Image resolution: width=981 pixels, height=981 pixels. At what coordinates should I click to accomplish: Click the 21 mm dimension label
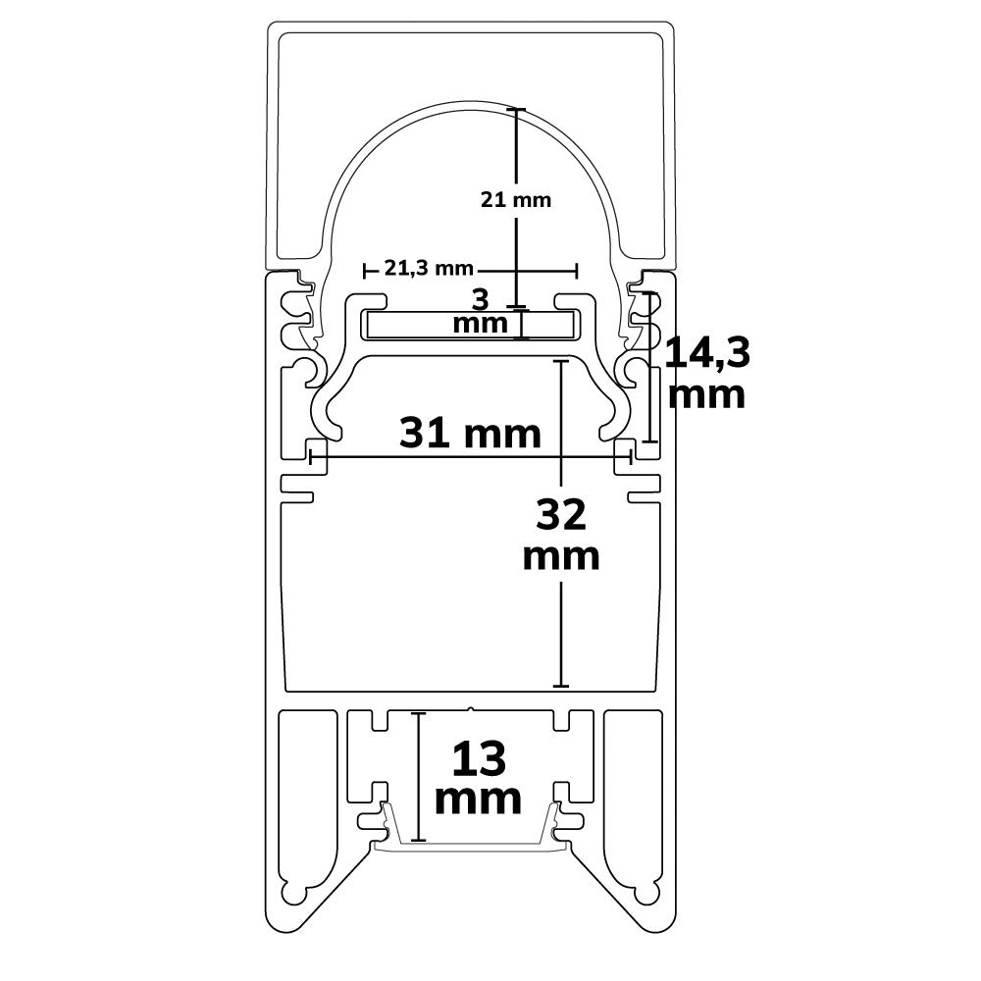(x=516, y=200)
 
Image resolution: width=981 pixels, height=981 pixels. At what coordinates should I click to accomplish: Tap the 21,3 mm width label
(x=429, y=269)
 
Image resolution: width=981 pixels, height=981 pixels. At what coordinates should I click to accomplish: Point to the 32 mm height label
(x=561, y=535)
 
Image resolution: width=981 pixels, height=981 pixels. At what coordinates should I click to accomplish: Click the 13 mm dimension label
(x=478, y=778)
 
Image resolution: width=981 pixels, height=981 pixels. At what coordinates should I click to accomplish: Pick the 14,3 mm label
(x=707, y=374)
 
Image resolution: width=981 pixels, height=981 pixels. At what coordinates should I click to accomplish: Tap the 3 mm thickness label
(x=481, y=312)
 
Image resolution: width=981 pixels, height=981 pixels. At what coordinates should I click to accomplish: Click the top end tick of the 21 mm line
(x=516, y=110)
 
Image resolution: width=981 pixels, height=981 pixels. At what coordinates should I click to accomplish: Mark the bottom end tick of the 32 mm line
(x=561, y=687)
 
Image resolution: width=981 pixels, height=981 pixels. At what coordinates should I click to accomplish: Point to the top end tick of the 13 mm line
(x=418, y=713)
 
